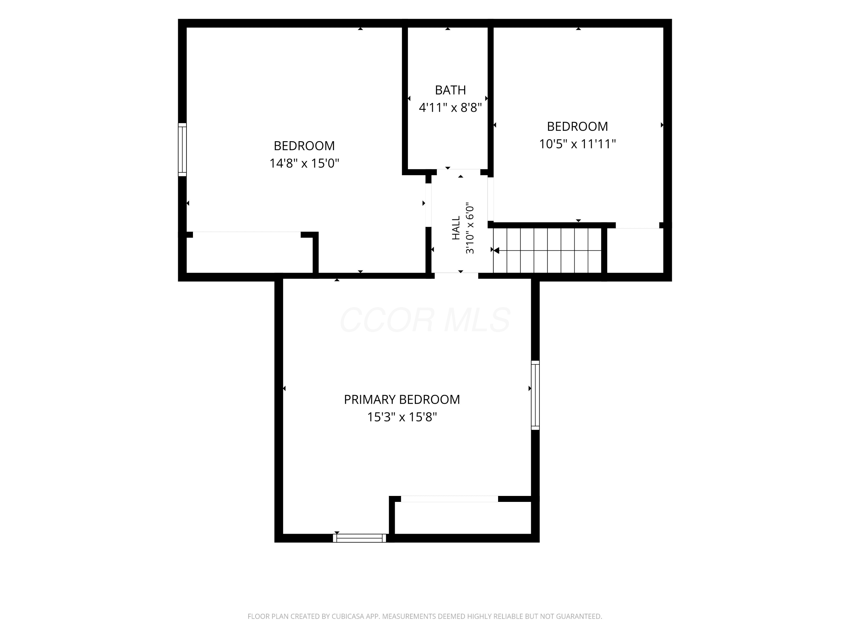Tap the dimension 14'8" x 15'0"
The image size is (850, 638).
point(304,163)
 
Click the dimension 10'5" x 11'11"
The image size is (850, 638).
point(577,144)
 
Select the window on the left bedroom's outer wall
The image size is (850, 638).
point(182,150)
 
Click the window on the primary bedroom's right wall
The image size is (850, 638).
point(535,395)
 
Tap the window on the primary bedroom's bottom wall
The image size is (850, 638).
point(359,538)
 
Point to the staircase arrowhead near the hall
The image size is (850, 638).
point(496,251)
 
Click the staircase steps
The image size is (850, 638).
point(547,251)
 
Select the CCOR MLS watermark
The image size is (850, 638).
point(425,320)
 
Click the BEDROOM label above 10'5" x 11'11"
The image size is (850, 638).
point(577,126)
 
